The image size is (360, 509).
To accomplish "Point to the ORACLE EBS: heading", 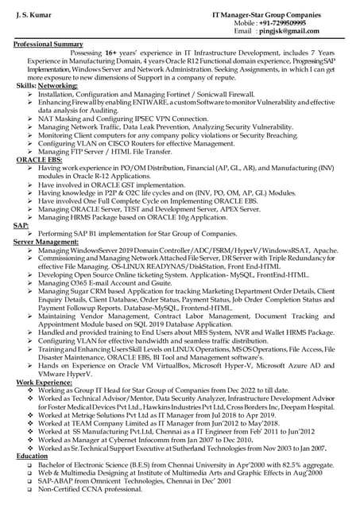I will coord(40,161).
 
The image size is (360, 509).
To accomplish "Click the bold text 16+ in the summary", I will coord(112,52).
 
